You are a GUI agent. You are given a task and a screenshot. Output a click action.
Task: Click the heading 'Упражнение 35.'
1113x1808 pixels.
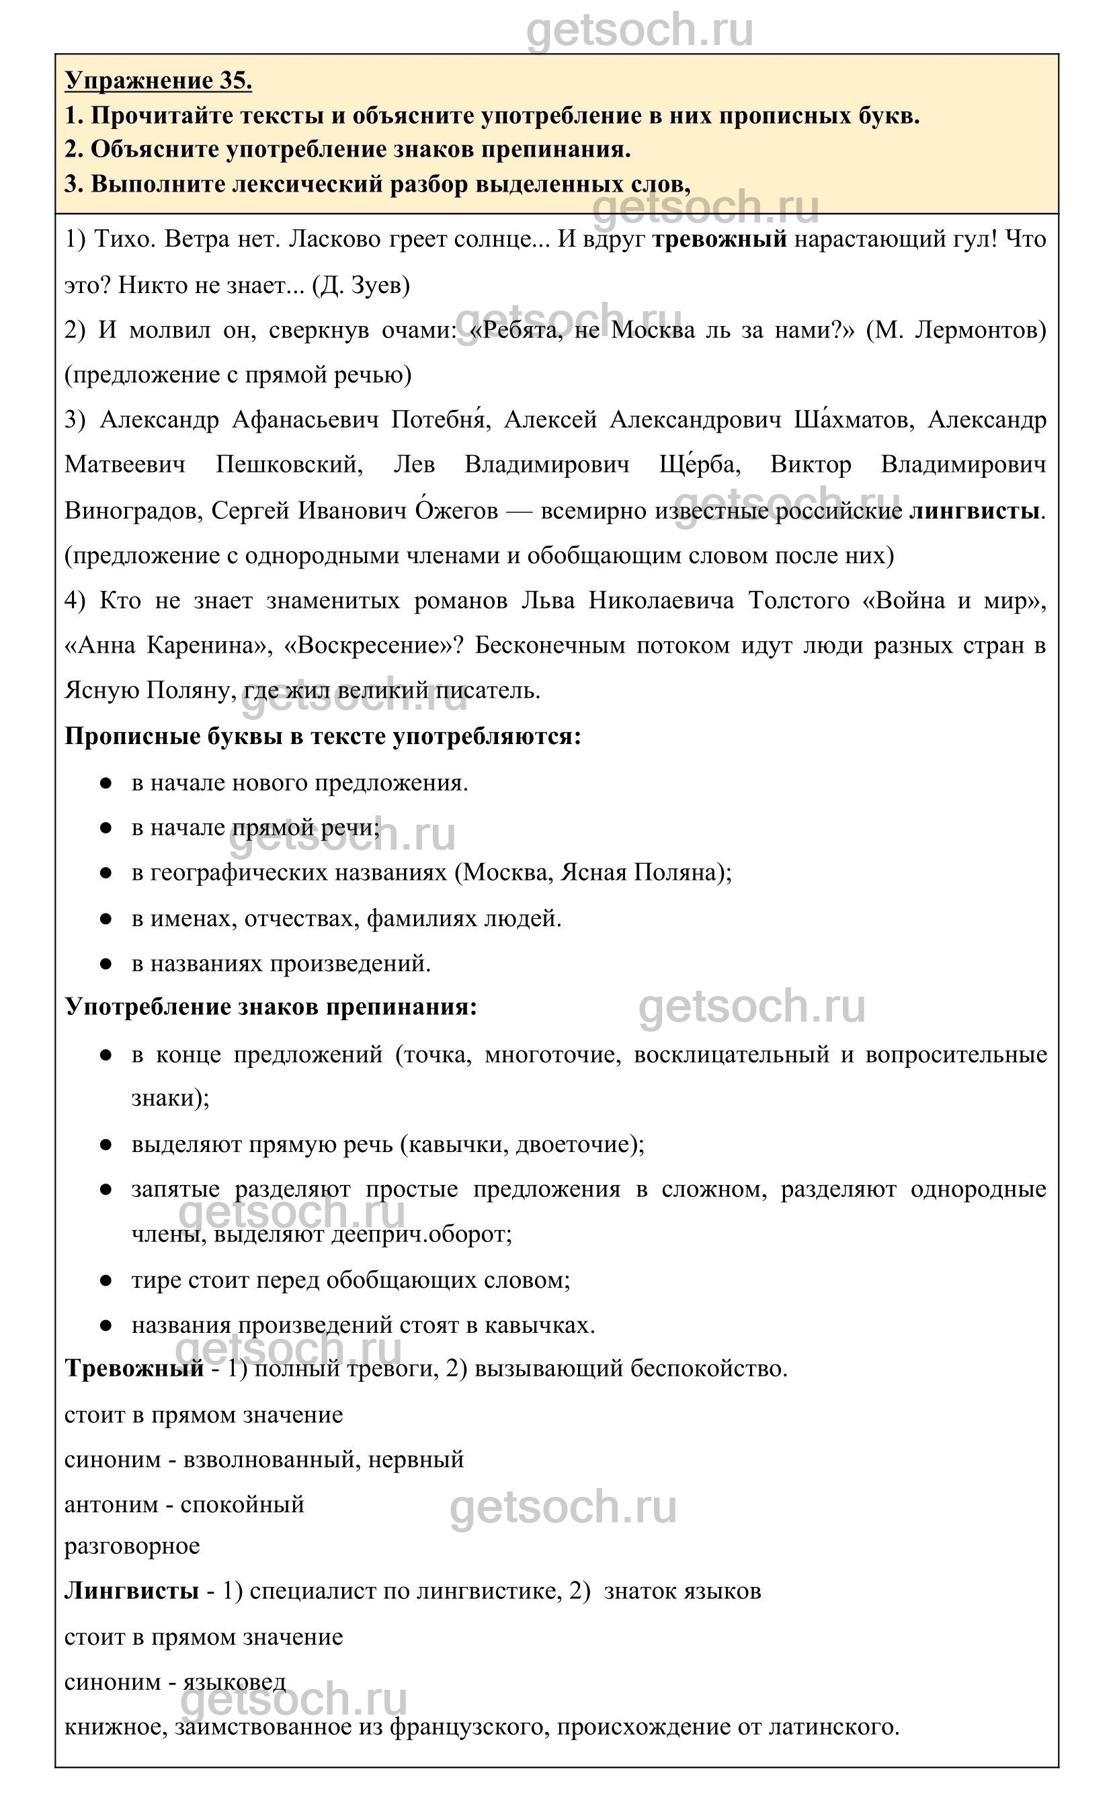pyautogui.click(x=158, y=80)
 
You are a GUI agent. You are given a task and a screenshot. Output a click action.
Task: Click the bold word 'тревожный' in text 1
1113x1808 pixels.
pyautogui.click(x=719, y=239)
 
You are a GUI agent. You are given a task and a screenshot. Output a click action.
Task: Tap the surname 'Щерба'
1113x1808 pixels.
pyautogui.click(x=699, y=465)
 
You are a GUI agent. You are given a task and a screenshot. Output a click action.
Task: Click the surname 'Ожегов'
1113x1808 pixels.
pyautogui.click(x=456, y=510)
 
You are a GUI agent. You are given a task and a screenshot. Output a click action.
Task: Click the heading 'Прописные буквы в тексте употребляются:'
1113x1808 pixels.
pyautogui.click(x=323, y=736)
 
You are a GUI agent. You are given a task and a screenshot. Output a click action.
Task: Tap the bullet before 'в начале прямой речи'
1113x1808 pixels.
pyautogui.click(x=106, y=827)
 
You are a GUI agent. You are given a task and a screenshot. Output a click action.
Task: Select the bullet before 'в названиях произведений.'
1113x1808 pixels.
pyautogui.click(x=106, y=963)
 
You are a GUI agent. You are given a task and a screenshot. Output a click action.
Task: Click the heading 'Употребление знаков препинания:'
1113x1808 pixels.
pyautogui.click(x=271, y=1007)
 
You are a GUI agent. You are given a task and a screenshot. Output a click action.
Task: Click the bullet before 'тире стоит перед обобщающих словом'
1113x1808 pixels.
pyautogui.click(x=106, y=1280)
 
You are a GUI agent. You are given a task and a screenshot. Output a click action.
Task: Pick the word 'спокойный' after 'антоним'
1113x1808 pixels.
pyautogui.click(x=242, y=1505)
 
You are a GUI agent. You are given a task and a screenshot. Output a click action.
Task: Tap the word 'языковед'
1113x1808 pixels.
pyautogui.click(x=234, y=1682)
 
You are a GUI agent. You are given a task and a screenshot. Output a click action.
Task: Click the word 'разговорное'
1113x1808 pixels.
pyautogui.click(x=132, y=1546)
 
